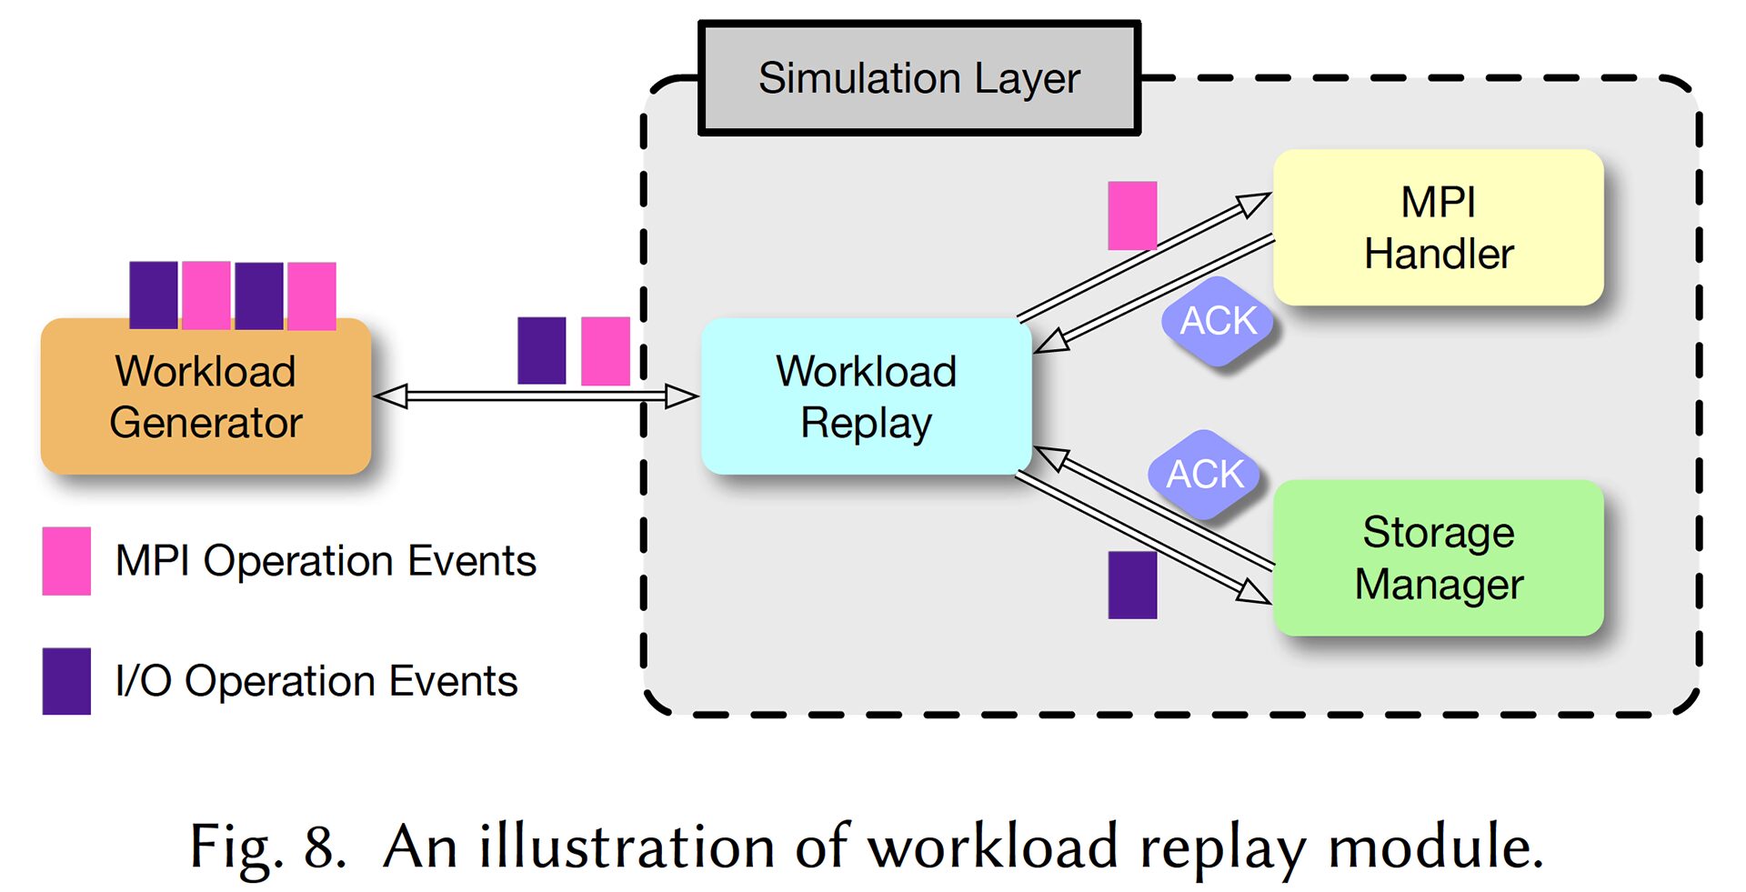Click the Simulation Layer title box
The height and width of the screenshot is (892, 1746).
point(918,79)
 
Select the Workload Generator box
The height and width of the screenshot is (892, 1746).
point(206,397)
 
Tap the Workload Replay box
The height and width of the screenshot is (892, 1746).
point(866,397)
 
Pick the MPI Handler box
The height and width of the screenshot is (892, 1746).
point(1438,228)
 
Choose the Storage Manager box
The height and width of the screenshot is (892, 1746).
point(1438,557)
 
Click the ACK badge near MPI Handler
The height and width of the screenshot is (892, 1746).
point(1218,321)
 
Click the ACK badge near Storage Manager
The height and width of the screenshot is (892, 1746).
point(1204,474)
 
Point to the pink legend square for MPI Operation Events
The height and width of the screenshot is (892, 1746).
point(66,561)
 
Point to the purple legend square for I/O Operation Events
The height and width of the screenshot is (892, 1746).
point(66,681)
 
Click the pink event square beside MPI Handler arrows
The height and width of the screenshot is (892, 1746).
point(1132,215)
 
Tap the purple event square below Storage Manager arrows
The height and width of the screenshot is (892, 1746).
point(1132,585)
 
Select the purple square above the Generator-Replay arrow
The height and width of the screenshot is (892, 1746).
point(541,350)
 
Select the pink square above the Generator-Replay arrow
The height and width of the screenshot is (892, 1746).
point(605,350)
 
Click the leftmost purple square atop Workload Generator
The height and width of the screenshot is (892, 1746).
point(153,295)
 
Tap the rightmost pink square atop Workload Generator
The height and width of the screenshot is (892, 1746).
point(312,295)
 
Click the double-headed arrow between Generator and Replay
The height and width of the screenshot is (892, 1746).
point(536,396)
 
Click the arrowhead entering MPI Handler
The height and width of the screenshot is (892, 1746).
point(1256,203)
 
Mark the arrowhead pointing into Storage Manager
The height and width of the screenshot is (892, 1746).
point(1255,592)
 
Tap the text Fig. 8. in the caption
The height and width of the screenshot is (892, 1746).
point(267,847)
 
